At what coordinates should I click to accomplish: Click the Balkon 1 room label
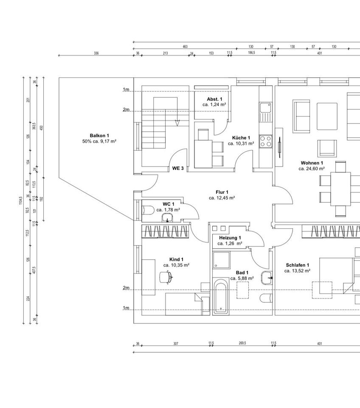[x=93, y=135]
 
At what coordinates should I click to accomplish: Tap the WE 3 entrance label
[x=178, y=168]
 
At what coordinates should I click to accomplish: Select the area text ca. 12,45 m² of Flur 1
[x=222, y=198]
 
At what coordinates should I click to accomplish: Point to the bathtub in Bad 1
[x=220, y=297]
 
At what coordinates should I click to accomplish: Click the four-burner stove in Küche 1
[x=266, y=141]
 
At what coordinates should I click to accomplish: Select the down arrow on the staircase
[x=177, y=122]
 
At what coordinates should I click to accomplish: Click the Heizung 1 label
[x=230, y=238]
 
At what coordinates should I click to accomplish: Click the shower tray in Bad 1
[x=221, y=260]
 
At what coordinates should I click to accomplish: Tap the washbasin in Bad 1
[x=267, y=277]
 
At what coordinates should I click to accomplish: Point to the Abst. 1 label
[x=214, y=99]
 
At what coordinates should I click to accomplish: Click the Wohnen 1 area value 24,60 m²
[x=312, y=168]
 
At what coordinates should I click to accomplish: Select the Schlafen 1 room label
[x=297, y=265]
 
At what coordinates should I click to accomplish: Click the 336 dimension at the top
[x=96, y=53]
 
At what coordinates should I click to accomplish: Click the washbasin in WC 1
[x=168, y=218]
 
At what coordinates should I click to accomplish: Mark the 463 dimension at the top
[x=185, y=46]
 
